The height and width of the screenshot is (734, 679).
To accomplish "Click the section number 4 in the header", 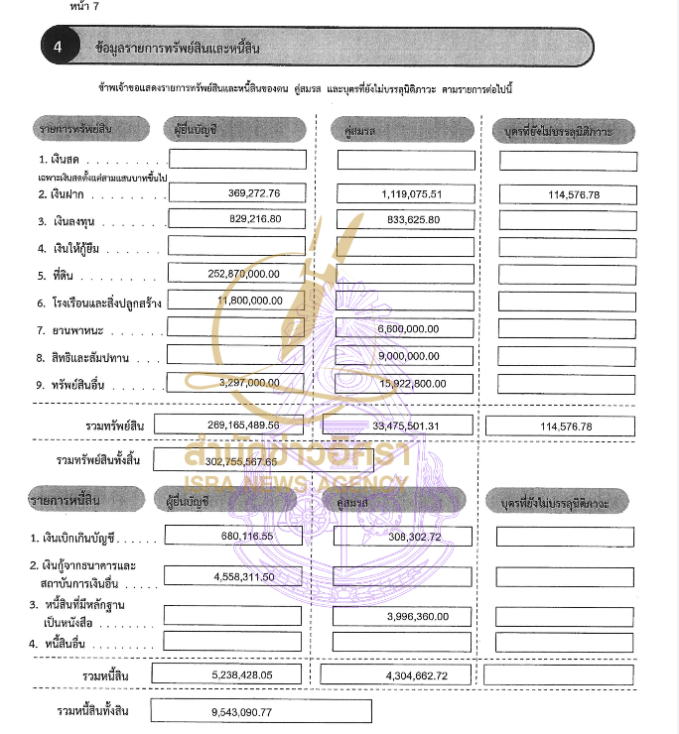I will [x=59, y=47].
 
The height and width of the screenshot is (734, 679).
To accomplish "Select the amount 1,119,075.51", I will [x=411, y=193].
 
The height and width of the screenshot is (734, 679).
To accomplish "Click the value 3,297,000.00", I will [x=248, y=382].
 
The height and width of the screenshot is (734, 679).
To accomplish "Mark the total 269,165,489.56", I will [x=242, y=426].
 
